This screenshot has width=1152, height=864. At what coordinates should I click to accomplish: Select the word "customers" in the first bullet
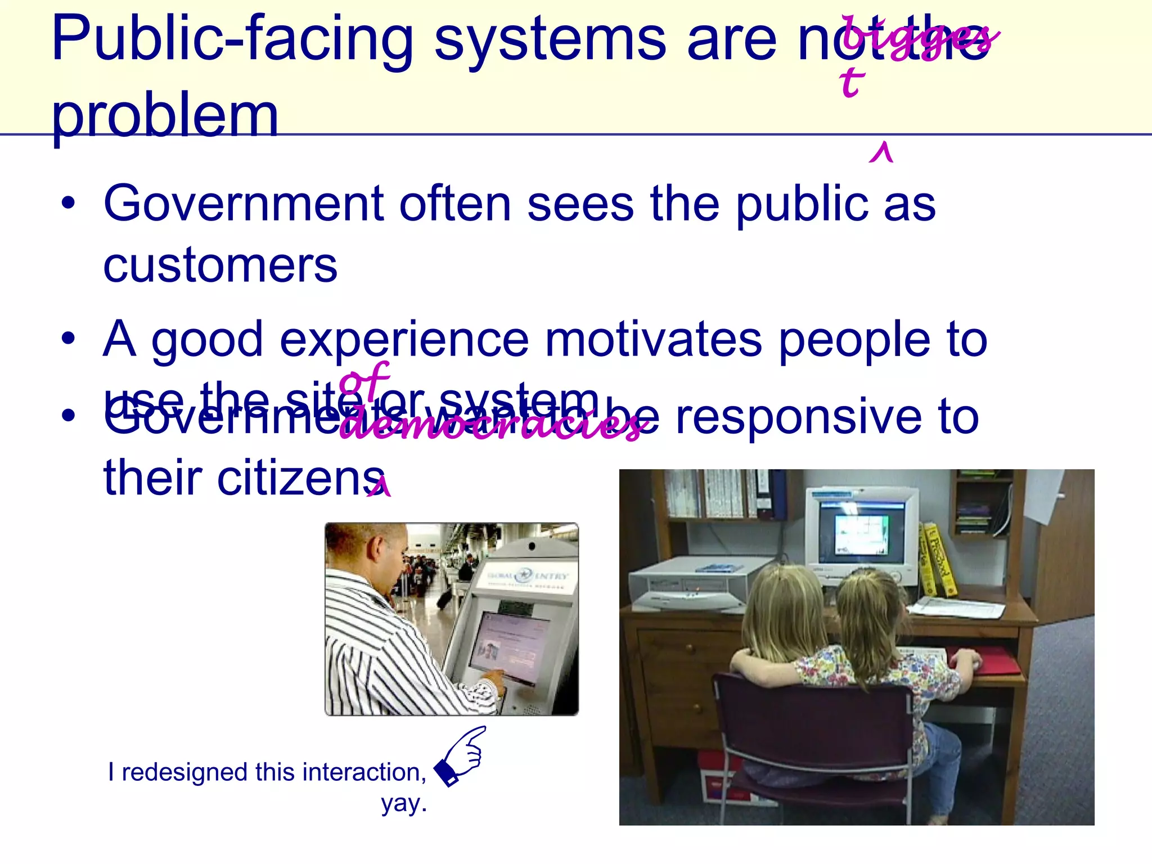click(x=220, y=265)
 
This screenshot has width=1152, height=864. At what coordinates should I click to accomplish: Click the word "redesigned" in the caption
click(x=185, y=772)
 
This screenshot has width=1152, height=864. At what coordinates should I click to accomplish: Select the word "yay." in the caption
click(x=404, y=804)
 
